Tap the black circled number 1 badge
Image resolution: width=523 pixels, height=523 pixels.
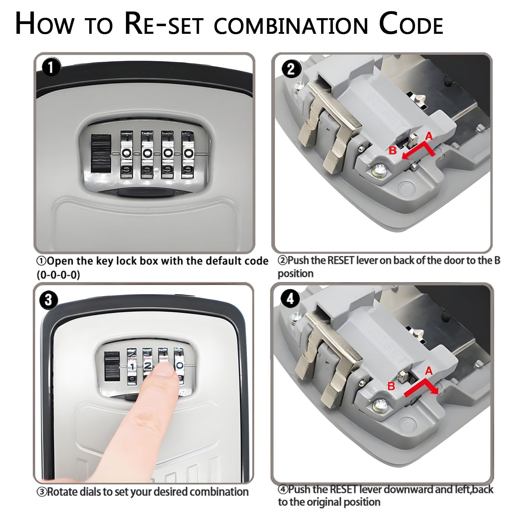coord(50,67)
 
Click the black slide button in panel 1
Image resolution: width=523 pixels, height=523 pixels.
coord(101,153)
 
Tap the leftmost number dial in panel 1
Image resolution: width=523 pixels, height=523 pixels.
coord(127,155)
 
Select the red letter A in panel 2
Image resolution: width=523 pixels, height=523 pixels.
coord(429,136)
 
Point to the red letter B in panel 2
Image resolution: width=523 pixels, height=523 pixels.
coord(393,151)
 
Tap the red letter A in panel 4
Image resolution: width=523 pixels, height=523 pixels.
coord(429,371)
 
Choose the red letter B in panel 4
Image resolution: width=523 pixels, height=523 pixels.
coord(392,386)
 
